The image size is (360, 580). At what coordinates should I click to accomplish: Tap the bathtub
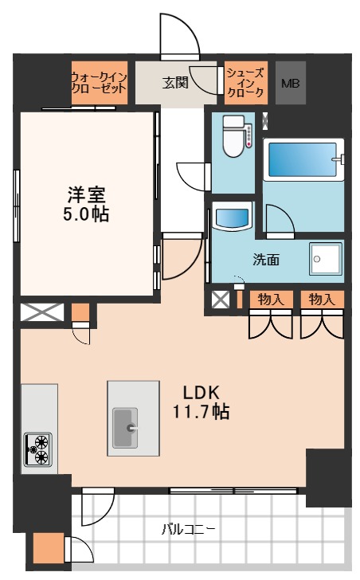[x=303, y=159]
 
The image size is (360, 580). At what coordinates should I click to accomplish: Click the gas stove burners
[x=37, y=449]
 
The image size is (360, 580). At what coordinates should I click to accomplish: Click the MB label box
[x=291, y=82]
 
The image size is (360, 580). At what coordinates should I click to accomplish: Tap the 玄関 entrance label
[x=175, y=82]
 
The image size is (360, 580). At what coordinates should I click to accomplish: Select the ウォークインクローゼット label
[x=99, y=82]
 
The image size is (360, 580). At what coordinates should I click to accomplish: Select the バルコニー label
[x=189, y=528]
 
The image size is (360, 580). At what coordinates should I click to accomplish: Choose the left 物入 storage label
[x=271, y=299]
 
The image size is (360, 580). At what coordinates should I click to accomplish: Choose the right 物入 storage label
[x=321, y=299]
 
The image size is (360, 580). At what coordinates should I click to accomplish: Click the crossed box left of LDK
[x=40, y=312]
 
